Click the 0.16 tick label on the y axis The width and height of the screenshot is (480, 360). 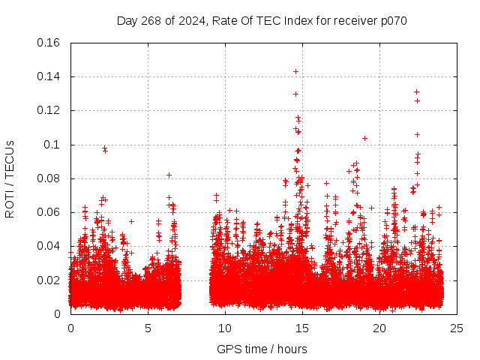[x=50, y=43]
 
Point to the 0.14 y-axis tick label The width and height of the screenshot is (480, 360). [x=50, y=76]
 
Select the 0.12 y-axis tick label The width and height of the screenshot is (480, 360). [x=50, y=110]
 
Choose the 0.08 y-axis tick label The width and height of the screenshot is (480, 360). [x=50, y=178]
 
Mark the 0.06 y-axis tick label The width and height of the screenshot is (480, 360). [x=50, y=212]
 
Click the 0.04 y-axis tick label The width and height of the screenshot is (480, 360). [x=50, y=246]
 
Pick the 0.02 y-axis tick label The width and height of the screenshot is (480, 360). [x=50, y=280]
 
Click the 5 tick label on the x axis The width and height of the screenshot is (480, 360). [x=148, y=328]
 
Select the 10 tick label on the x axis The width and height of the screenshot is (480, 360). [x=225, y=328]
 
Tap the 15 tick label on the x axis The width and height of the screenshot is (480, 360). [x=302, y=328]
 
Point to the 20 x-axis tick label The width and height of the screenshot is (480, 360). [x=379, y=328]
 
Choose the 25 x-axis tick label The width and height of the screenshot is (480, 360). [x=457, y=328]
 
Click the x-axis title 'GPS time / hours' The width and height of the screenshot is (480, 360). [x=262, y=349]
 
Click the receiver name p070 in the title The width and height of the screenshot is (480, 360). [x=392, y=20]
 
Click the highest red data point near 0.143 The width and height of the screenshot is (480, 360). [x=295, y=71]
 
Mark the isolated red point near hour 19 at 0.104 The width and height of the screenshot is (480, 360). [x=364, y=138]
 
